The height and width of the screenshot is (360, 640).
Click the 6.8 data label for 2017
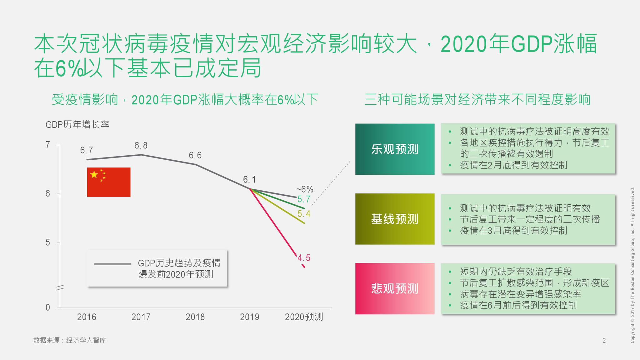141,145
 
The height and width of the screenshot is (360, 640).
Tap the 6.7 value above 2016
86,150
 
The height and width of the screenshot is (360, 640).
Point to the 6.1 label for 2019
249,179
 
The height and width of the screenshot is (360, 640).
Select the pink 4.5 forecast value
303,258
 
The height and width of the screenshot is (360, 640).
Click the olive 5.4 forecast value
303,214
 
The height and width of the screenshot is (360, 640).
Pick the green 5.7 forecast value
303,199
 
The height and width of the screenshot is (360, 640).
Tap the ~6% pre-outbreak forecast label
304,189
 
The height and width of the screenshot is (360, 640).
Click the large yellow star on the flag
94,174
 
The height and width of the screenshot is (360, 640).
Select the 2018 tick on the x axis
195,317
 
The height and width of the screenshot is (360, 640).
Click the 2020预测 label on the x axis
303,317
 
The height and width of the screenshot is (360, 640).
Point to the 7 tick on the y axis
48,145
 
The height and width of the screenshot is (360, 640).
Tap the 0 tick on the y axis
48,307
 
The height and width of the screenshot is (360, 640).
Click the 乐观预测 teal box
395,149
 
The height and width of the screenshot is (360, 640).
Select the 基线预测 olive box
395,219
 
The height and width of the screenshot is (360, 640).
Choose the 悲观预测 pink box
395,288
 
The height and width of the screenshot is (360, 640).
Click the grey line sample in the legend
112,264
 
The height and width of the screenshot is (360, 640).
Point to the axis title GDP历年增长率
77,125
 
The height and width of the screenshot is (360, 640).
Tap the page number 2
604,340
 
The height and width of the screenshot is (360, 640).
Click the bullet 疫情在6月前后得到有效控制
518,305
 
